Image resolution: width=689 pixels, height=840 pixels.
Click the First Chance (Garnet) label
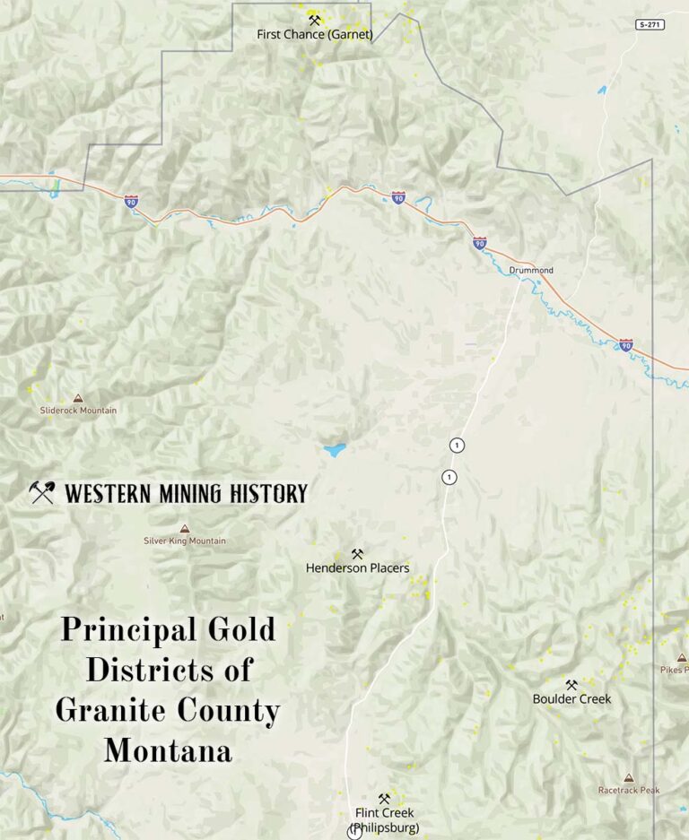click(314, 34)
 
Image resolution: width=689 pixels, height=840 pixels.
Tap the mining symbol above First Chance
click(314, 20)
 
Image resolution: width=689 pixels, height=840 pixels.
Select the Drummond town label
click(531, 270)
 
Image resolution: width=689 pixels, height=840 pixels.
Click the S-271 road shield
click(650, 24)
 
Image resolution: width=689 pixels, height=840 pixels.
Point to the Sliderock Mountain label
click(78, 411)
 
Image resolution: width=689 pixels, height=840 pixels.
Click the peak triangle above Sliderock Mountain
click(78, 398)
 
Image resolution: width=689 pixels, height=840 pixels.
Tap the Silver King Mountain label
click(185, 541)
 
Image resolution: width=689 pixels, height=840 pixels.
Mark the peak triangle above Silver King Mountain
click(185, 529)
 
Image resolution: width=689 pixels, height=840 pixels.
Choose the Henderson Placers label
click(357, 567)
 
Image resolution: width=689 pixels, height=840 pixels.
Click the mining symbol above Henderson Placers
click(357, 554)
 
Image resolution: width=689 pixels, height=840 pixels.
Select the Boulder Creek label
click(571, 698)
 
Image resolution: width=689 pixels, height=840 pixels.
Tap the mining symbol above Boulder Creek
click(571, 685)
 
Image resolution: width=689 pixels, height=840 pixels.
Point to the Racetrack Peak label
click(629, 790)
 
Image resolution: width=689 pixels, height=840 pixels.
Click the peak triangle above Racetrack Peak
click(629, 778)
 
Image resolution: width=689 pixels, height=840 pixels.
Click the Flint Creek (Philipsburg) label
click(384, 819)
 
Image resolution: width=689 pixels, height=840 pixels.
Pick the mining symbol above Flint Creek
click(384, 799)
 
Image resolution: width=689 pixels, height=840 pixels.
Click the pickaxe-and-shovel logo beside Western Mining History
click(41, 492)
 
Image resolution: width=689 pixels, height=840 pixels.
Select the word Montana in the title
click(168, 750)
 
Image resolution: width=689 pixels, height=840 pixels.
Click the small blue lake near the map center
click(335, 450)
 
